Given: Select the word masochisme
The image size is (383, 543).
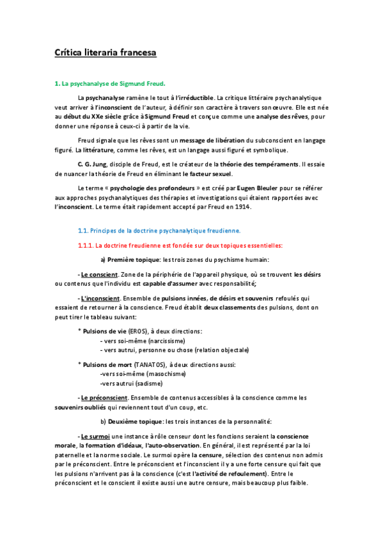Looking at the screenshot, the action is (162, 373).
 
